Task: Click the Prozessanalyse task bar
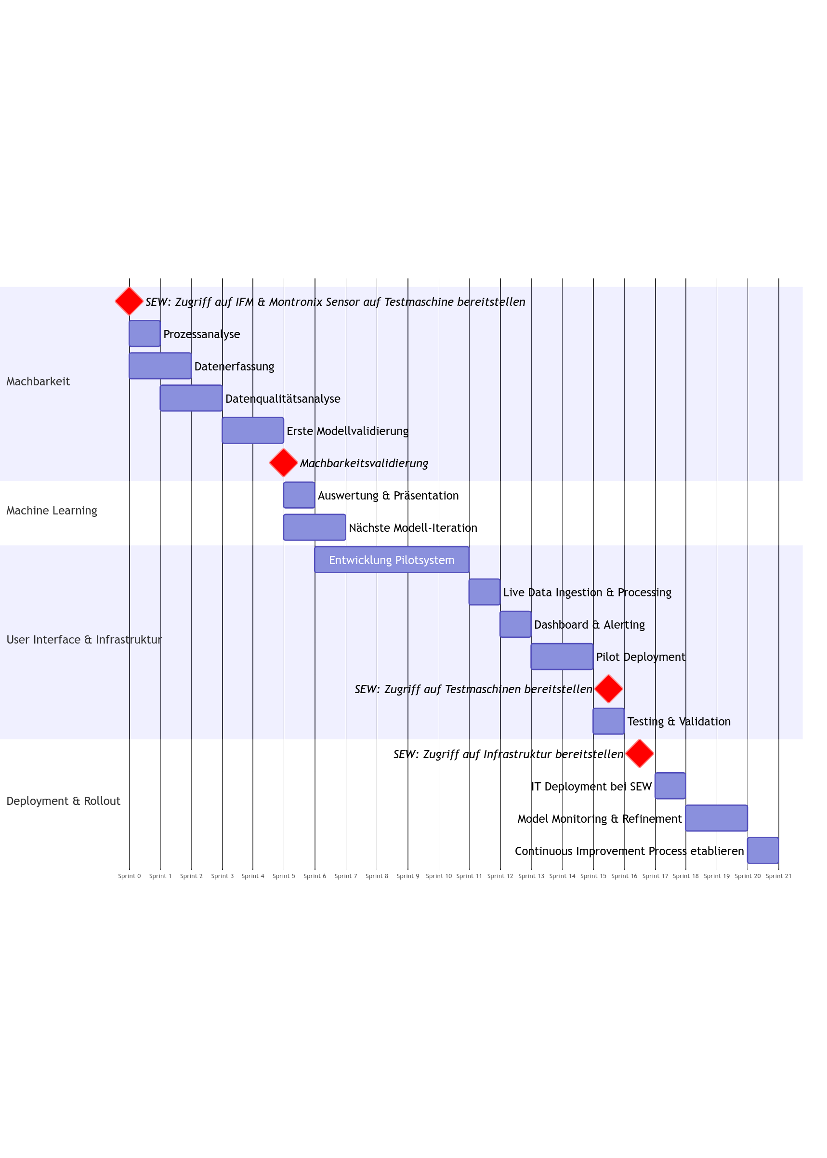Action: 144,333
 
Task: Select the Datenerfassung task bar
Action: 160,366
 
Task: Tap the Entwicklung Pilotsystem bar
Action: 392,560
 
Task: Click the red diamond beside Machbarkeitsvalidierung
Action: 284,463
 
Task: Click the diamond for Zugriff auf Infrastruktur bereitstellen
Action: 640,754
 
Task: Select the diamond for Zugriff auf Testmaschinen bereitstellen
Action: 608,689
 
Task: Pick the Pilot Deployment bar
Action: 562,657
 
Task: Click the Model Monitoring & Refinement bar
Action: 716,818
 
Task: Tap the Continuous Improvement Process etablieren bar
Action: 762,850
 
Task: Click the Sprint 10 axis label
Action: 438,876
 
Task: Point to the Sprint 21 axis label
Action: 778,876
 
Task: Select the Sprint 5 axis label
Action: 284,876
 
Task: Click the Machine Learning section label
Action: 52,510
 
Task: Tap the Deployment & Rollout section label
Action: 63,801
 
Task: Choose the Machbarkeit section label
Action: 38,382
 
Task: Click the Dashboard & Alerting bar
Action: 515,624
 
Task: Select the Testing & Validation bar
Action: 608,721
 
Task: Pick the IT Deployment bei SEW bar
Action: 670,786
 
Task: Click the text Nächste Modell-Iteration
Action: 413,527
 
